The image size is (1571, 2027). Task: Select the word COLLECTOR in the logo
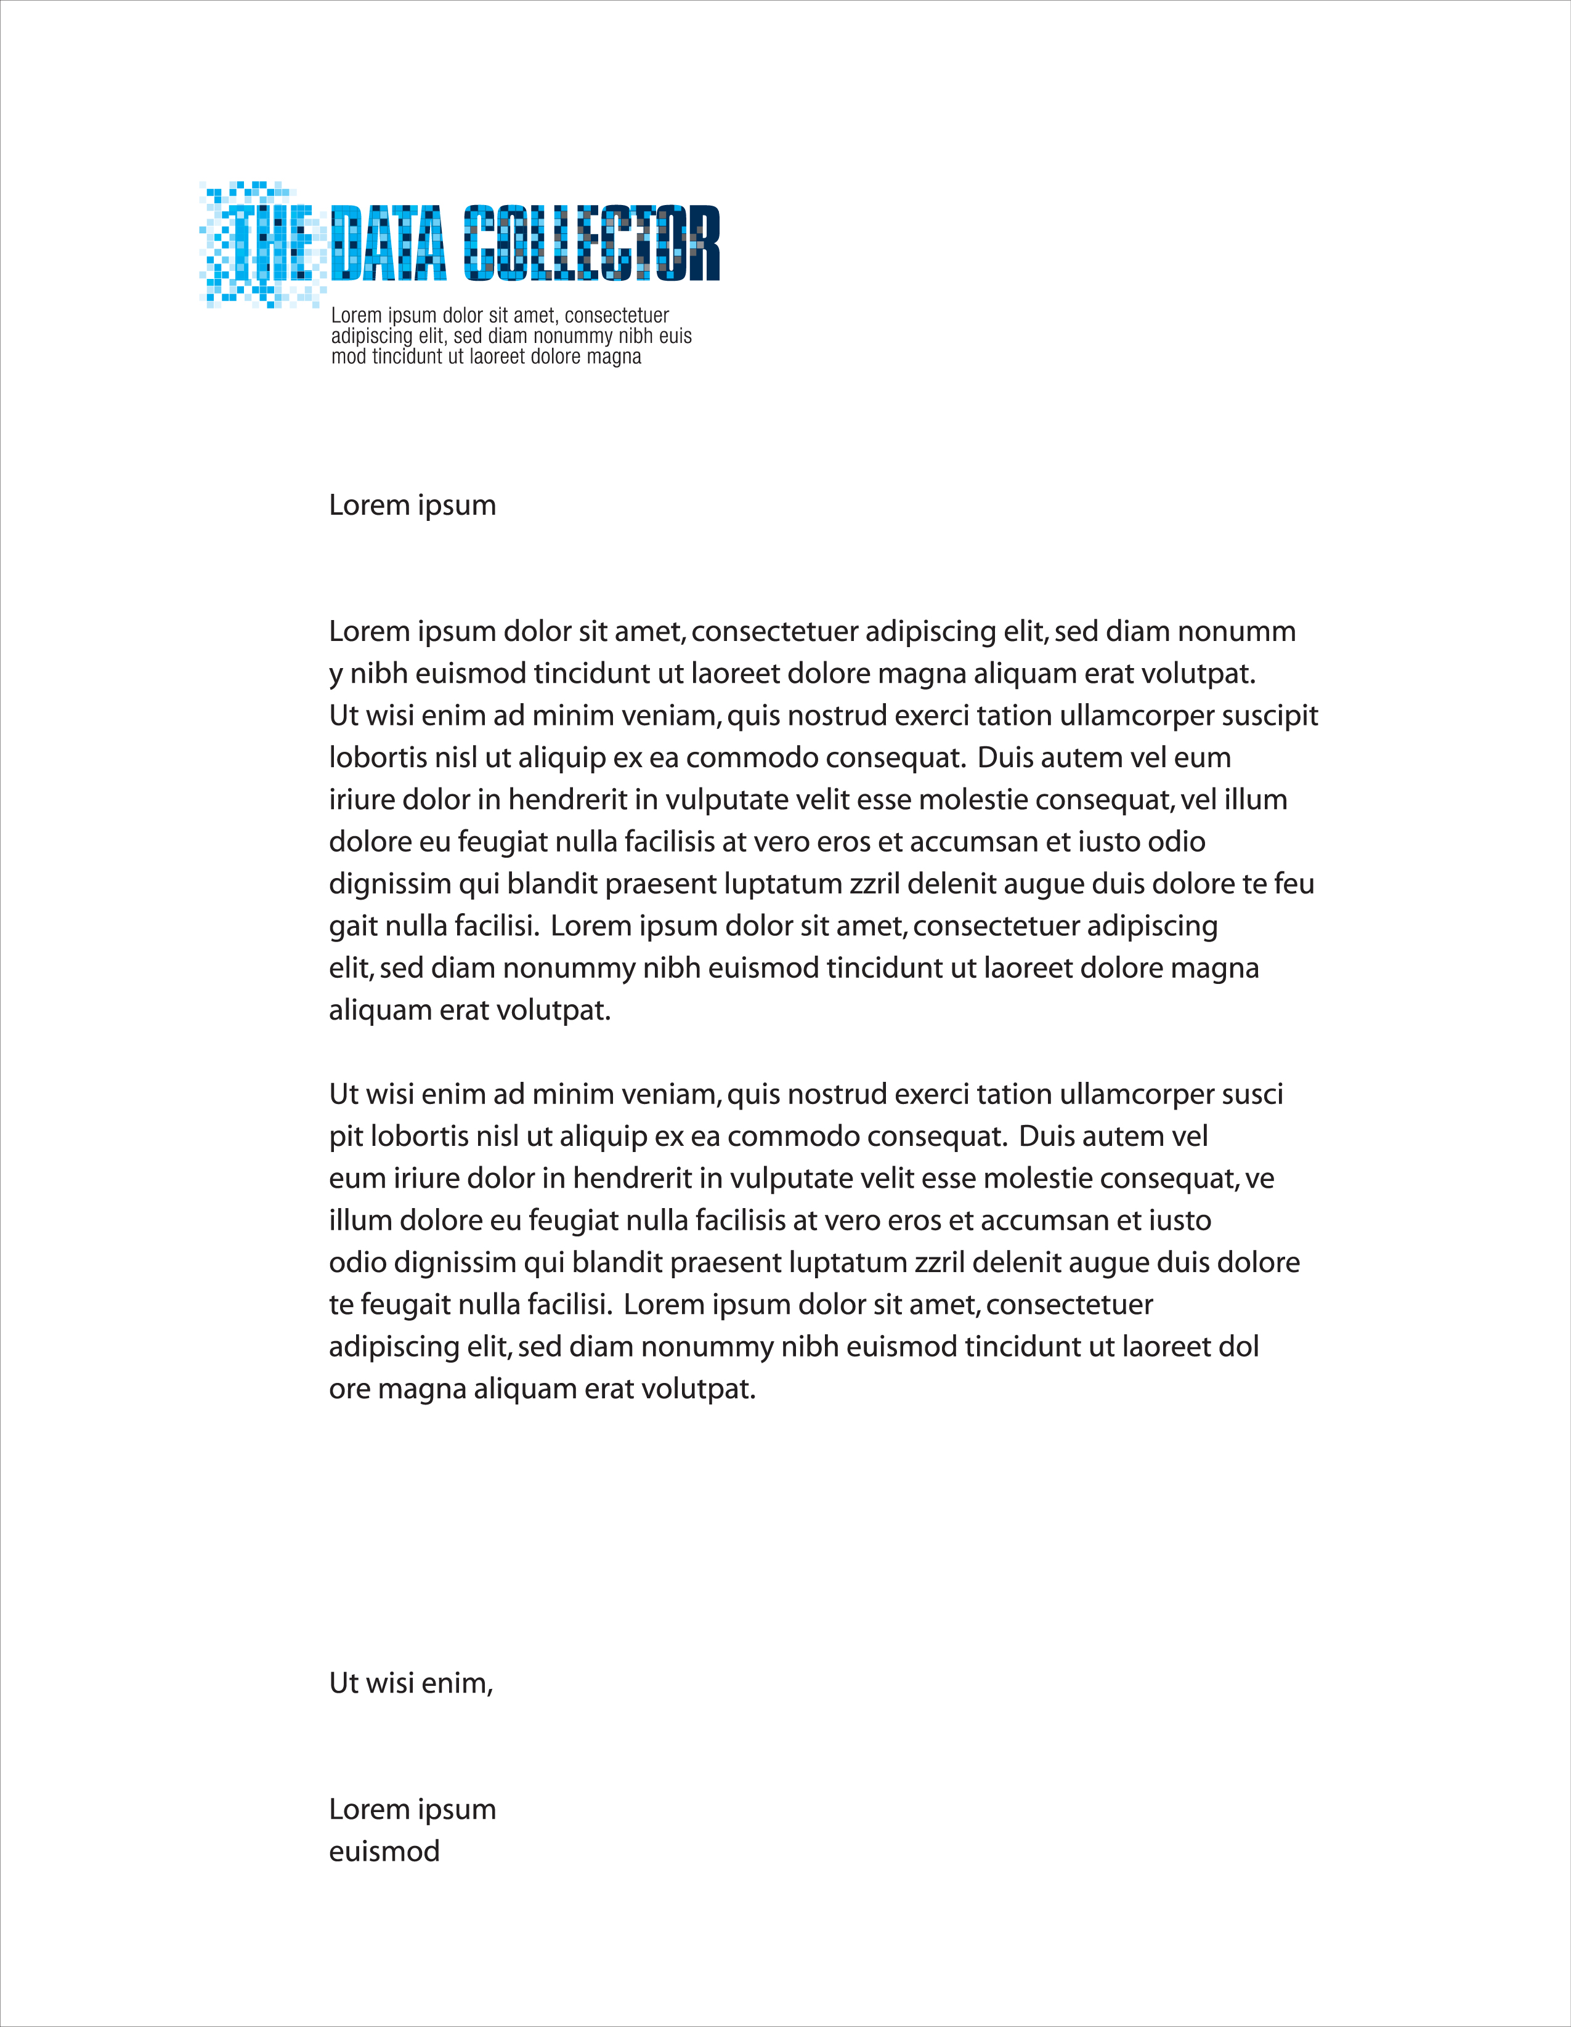click(x=591, y=243)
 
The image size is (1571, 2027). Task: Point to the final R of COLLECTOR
click(x=703, y=243)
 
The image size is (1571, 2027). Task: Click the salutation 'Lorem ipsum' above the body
click(x=412, y=505)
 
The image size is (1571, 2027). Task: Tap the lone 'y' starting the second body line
click(x=335, y=675)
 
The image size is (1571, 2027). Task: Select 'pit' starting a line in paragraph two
click(x=346, y=1137)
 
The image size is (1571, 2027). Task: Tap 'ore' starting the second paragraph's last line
click(x=350, y=1389)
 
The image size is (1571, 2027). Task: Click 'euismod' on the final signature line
click(x=384, y=1852)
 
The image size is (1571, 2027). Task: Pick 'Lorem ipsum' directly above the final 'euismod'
click(x=412, y=1809)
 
